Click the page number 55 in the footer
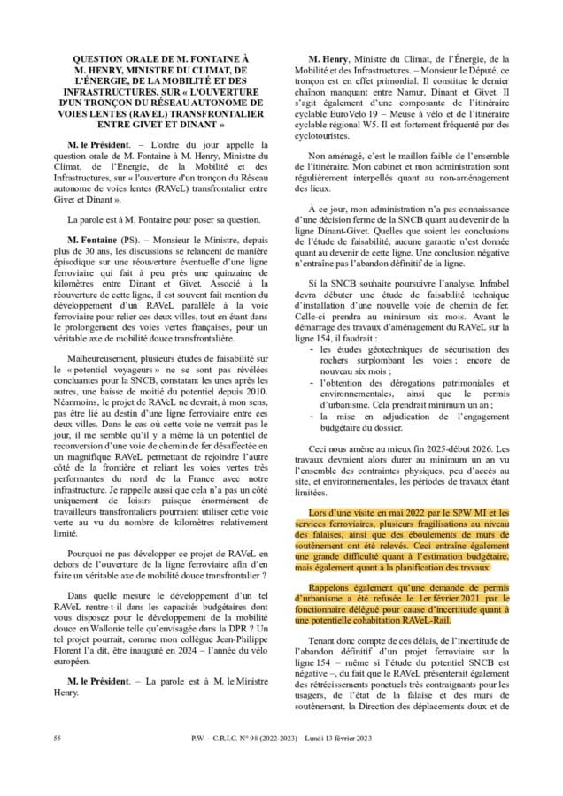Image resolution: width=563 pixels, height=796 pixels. pyautogui.click(x=57, y=738)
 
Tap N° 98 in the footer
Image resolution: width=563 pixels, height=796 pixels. pyautogui.click(x=276, y=738)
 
